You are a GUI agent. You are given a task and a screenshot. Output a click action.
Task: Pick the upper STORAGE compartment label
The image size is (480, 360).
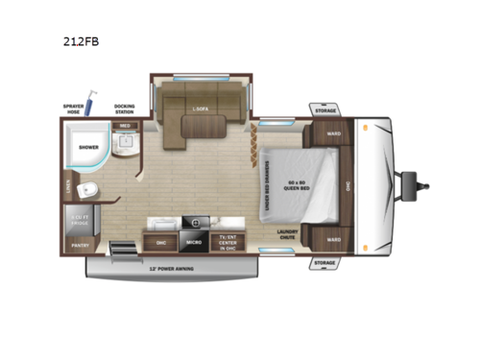click(x=326, y=110)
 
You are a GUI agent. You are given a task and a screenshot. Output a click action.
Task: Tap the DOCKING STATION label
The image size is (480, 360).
click(x=125, y=108)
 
